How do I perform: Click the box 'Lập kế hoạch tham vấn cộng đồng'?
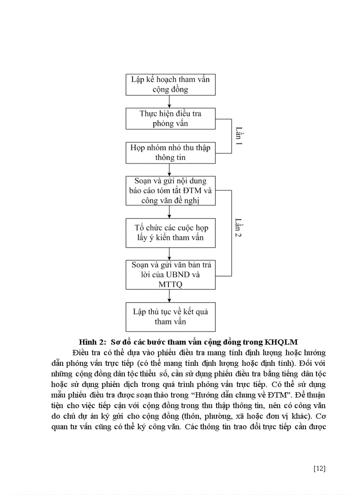point(170,84)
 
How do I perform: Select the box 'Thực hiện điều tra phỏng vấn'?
point(170,118)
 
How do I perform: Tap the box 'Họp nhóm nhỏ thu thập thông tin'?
point(170,153)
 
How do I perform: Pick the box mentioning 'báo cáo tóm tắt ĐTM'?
point(170,191)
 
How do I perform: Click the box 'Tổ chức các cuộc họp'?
point(170,233)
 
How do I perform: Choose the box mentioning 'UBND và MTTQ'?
point(170,274)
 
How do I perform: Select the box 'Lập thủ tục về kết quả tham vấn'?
point(170,316)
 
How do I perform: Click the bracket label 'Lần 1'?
point(239,136)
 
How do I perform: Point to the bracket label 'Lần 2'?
point(239,228)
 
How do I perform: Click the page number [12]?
point(319,469)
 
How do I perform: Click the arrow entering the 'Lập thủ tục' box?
point(170,296)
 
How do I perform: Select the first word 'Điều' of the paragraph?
point(75,353)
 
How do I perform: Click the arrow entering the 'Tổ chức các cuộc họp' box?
point(170,212)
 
